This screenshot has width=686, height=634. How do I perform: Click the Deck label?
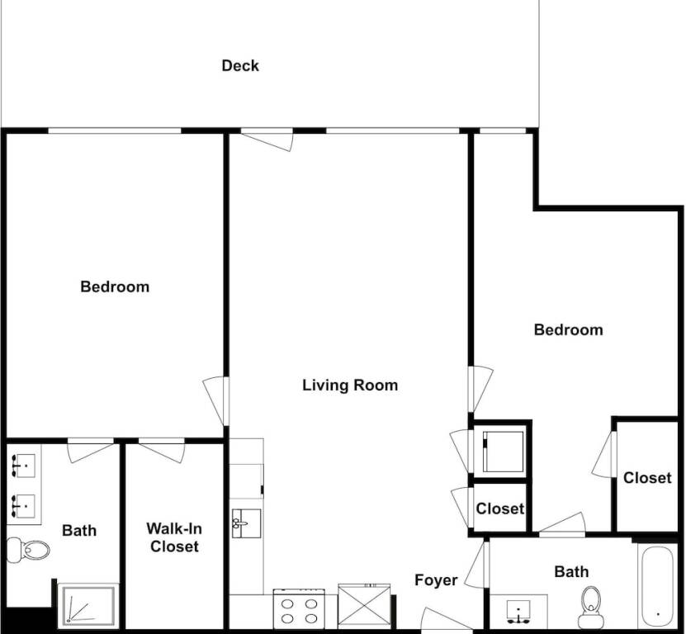click(x=240, y=66)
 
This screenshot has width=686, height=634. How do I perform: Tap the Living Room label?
click(x=350, y=385)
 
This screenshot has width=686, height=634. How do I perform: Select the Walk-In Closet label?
click(x=174, y=537)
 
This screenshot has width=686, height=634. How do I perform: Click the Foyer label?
click(x=436, y=580)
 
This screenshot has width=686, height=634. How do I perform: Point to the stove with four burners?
click(x=300, y=610)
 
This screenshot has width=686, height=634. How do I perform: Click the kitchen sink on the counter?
click(x=246, y=523)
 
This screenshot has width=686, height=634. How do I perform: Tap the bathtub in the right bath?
click(x=657, y=587)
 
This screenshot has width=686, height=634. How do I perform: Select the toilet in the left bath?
click(x=28, y=550)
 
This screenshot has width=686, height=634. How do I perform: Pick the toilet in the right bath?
click(x=591, y=608)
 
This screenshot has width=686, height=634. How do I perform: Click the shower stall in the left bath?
click(x=88, y=606)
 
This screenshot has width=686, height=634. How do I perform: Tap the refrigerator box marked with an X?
click(x=363, y=608)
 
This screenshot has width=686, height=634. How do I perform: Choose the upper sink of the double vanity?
click(x=24, y=466)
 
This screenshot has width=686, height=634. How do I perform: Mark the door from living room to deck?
click(x=267, y=140)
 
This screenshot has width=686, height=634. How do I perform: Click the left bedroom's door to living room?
click(x=215, y=400)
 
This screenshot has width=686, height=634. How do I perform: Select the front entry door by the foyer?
click(x=447, y=620)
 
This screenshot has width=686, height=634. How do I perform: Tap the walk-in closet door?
click(x=162, y=451)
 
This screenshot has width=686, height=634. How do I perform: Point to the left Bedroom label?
click(x=115, y=287)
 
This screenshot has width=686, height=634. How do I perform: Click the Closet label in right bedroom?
click(x=647, y=478)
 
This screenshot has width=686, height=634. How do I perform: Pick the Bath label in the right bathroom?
click(x=571, y=571)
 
